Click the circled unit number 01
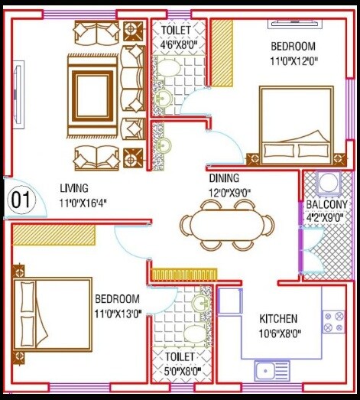pyautogui.click(x=21, y=201)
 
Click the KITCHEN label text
pyautogui.click(x=278, y=318)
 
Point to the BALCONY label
pyautogui.click(x=326, y=205)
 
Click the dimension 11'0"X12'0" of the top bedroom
pyautogui.click(x=294, y=60)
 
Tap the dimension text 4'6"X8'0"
pyautogui.click(x=179, y=44)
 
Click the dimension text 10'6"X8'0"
pyautogui.click(x=278, y=333)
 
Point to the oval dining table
pyautogui.click(x=226, y=226)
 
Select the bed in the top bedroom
pyautogui.click(x=294, y=124)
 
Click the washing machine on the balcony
pyautogui.click(x=328, y=186)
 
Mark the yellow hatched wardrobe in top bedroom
pyautogui.click(x=222, y=52)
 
